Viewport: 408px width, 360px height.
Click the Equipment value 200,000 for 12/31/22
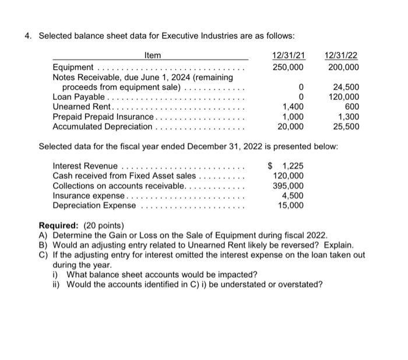tap(344, 67)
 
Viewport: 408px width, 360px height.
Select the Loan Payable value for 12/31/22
tap(344, 97)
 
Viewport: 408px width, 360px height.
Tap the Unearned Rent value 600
tap(351, 107)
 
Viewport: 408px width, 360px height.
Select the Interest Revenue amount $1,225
tap(286, 166)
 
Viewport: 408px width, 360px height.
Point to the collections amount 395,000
tap(289, 186)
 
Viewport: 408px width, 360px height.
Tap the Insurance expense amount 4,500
tap(293, 195)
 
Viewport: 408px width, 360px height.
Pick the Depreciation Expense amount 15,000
tap(290, 205)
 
